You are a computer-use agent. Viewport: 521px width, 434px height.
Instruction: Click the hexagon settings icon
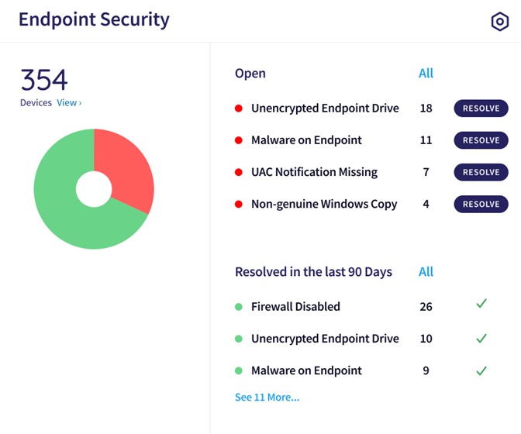(500, 22)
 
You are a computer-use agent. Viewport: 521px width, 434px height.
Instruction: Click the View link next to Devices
(69, 102)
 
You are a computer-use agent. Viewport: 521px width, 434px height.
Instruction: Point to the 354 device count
(44, 80)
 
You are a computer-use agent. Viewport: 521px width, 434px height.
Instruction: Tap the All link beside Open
(426, 73)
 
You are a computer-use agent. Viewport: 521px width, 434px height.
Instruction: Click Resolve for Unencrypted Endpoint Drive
(481, 108)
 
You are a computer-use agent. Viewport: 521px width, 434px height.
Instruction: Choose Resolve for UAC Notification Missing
(481, 172)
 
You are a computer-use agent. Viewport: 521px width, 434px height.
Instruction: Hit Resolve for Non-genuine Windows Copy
(481, 204)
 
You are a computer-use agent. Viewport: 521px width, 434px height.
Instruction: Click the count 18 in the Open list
(426, 108)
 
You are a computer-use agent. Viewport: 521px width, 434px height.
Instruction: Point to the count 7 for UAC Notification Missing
(426, 172)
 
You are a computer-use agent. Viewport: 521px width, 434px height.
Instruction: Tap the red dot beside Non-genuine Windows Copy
(239, 204)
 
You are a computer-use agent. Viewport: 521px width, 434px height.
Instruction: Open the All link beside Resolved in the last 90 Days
(426, 271)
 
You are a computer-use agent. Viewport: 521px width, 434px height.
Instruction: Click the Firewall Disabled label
(295, 306)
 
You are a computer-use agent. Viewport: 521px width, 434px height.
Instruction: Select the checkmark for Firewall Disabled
(481, 303)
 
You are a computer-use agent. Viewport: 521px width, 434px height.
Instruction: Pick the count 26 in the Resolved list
(426, 306)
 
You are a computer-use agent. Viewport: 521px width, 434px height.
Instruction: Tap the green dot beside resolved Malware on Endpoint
(239, 370)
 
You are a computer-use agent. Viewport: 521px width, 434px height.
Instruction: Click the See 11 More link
(267, 397)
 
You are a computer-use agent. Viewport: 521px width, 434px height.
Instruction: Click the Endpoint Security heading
(94, 20)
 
